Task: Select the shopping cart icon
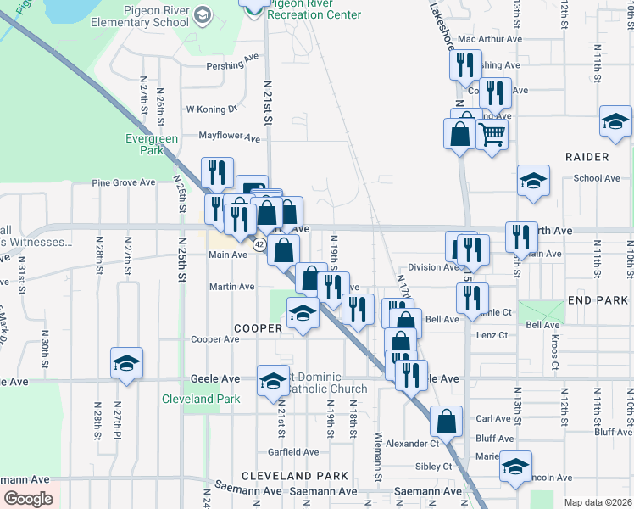pyautogui.click(x=492, y=133)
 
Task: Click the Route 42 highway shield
pyautogui.click(x=260, y=244)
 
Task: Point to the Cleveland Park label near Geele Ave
pyautogui.click(x=202, y=399)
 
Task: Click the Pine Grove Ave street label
pyautogui.click(x=124, y=182)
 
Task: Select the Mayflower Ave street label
pyautogui.click(x=229, y=136)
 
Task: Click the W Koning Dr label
pyautogui.click(x=212, y=109)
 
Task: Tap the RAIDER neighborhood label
pyautogui.click(x=586, y=157)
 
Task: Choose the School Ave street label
pyautogui.click(x=597, y=178)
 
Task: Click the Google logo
pyautogui.click(x=28, y=499)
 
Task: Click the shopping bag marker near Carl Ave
pyautogui.click(x=446, y=421)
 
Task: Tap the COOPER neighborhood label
pyautogui.click(x=257, y=327)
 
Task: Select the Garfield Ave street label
pyautogui.click(x=292, y=452)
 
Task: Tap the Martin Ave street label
pyautogui.click(x=232, y=287)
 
